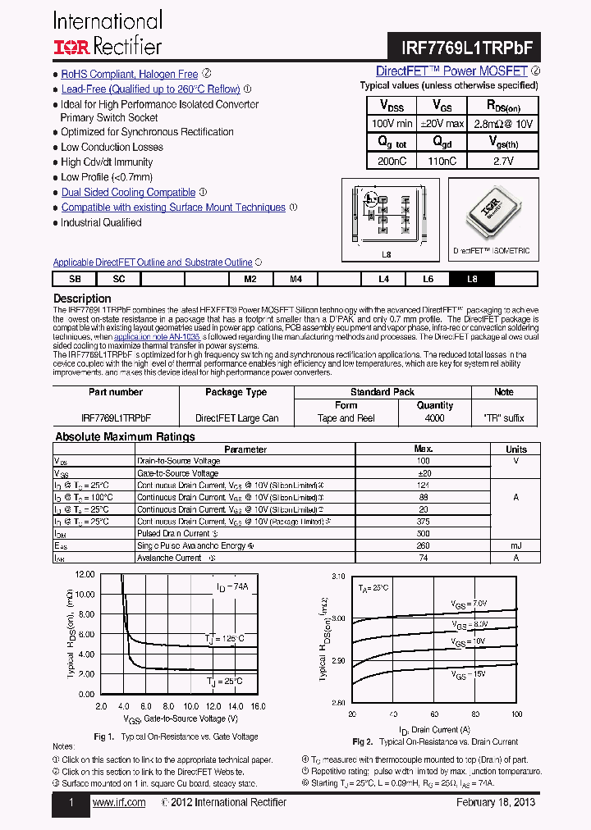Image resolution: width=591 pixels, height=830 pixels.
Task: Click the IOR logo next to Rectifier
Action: tap(71, 47)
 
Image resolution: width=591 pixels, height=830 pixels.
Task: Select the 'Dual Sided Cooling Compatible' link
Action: tap(128, 193)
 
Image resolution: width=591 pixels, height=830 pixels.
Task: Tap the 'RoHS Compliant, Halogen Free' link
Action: tap(130, 74)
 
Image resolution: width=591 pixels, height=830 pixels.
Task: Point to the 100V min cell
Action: tap(392, 123)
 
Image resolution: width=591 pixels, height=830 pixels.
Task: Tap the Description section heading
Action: tap(82, 299)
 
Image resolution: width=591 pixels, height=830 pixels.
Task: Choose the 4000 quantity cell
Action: tap(434, 418)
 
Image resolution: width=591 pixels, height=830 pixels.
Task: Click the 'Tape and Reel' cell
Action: tap(346, 418)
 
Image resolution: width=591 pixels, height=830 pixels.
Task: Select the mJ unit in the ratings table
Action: tap(515, 545)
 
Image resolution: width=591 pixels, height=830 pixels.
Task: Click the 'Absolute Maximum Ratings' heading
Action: tap(125, 437)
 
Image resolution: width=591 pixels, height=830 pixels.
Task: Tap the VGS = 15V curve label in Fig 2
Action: tap(470, 673)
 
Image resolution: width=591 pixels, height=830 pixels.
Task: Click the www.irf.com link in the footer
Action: tap(119, 802)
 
